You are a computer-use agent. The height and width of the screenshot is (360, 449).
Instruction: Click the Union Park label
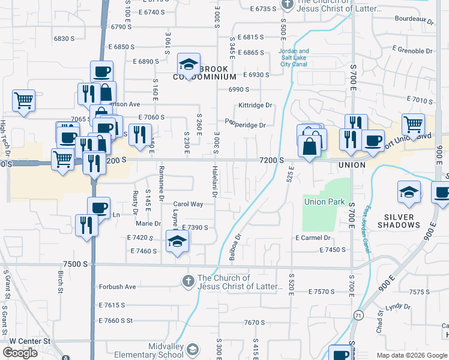324,202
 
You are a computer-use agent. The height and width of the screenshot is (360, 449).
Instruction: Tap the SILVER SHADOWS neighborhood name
399,221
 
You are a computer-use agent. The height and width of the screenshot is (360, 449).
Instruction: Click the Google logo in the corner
20,353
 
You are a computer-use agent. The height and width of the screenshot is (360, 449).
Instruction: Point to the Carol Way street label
188,204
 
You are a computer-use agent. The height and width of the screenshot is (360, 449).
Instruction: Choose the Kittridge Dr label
255,105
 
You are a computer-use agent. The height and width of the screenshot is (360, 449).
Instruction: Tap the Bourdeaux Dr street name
414,20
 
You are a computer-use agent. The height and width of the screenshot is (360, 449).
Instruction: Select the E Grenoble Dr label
412,48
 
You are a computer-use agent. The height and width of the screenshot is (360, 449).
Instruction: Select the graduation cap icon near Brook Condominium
188,64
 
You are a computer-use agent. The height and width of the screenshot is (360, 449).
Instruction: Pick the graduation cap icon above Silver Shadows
408,192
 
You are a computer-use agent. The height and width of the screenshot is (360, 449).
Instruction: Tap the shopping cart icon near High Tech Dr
24,100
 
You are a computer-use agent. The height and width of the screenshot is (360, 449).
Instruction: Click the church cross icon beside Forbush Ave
188,280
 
